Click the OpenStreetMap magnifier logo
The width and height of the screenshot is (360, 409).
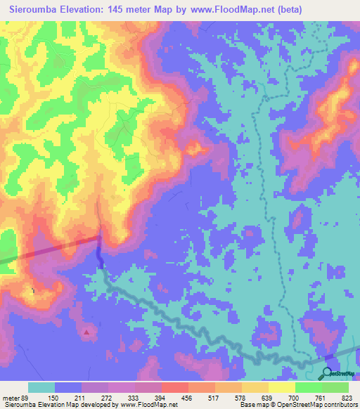tap(327, 374)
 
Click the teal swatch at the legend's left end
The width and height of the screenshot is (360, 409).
tap(41, 387)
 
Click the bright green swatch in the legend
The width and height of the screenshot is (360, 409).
tap(308, 387)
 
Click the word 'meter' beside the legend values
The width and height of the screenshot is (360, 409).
tap(11, 397)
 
